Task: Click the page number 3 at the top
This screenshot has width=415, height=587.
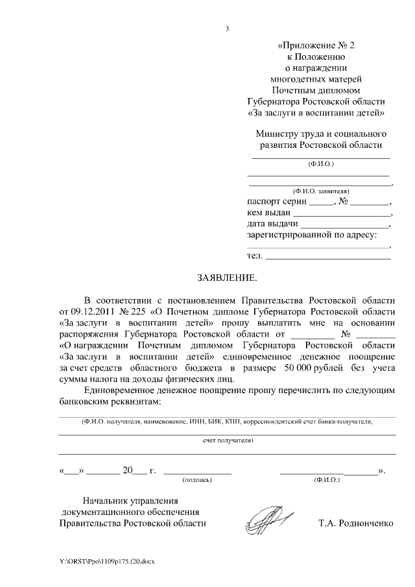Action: click(x=226, y=29)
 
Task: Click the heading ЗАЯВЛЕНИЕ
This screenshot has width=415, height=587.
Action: click(x=226, y=278)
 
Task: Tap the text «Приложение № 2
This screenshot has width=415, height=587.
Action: click(x=317, y=45)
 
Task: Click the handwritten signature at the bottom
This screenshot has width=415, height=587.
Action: click(x=267, y=519)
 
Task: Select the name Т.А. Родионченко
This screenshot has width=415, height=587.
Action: click(x=355, y=523)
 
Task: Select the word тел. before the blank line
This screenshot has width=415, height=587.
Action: click(x=255, y=256)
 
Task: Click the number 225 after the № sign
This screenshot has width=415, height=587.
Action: click(x=142, y=311)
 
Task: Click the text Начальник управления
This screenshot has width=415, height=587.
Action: click(x=130, y=500)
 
